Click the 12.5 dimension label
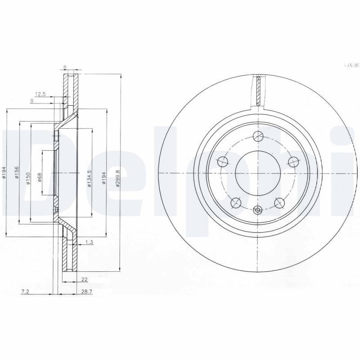[x=40, y=94]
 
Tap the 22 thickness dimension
[x=84, y=279]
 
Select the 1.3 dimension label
[x=88, y=243]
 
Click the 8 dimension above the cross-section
[x=65, y=67]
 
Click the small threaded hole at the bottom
[x=258, y=210]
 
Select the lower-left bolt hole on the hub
[x=235, y=203]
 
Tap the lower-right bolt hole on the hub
[x=280, y=203]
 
